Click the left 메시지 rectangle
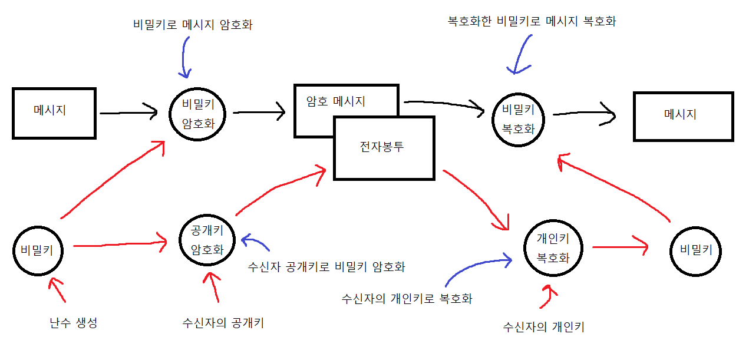coord(54,113)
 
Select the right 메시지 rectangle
coord(682,116)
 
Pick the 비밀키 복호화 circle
coord(518,118)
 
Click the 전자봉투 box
coord(383,148)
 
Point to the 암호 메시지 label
coord(336,101)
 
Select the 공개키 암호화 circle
coord(207,239)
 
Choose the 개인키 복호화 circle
coord(552,247)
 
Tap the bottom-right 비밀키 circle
coord(696,250)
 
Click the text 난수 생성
coord(74,323)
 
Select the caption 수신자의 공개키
coord(223,323)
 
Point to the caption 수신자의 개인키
coord(543,327)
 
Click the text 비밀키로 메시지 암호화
coord(193,25)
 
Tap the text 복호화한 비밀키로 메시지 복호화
coord(532,22)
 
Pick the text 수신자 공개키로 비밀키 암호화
coord(328,266)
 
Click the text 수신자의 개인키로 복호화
coord(407,298)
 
